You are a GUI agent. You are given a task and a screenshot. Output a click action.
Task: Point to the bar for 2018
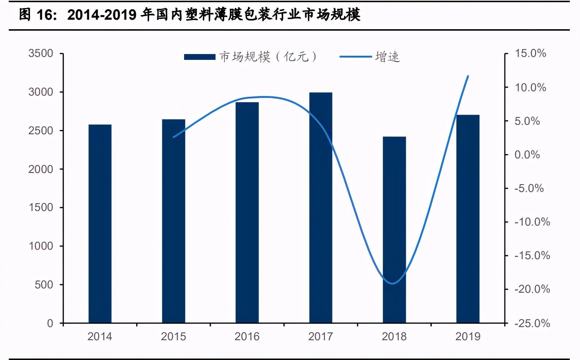coord(394,230)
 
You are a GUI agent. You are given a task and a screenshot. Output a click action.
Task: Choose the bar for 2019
coord(468,219)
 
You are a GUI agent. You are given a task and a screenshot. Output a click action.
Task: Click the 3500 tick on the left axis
coord(41,53)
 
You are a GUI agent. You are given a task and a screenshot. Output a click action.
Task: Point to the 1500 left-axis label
coord(41,207)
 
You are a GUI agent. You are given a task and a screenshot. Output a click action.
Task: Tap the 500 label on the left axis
coord(44,284)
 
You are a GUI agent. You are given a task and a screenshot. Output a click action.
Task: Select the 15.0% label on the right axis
coord(530,53)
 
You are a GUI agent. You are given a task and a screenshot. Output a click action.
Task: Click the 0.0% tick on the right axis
coord(527,154)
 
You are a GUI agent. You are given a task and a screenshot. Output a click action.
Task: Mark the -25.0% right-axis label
coord(532,323)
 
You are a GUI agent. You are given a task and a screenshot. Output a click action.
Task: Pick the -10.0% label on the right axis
coord(532,222)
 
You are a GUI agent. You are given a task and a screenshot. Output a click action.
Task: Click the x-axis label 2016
coord(247,336)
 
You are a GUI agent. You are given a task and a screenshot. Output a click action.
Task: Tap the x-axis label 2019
coord(468,336)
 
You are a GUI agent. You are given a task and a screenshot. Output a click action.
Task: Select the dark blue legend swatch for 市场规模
coord(200,57)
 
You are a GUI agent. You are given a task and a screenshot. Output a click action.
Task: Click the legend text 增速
coord(388,57)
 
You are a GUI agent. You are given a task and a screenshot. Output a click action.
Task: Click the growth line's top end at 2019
coord(468,76)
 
